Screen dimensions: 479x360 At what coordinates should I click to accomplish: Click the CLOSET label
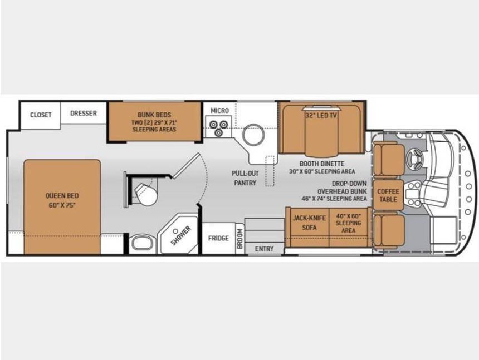click(41, 115)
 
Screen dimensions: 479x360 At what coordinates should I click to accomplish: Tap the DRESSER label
click(84, 113)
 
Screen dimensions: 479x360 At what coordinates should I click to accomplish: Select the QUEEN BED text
click(62, 195)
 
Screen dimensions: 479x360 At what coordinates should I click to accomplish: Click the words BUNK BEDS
click(154, 115)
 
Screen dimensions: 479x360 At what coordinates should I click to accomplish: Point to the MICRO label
click(219, 110)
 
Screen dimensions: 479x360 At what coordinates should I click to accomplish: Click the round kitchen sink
click(253, 134)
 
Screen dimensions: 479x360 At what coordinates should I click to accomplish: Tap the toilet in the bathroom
click(146, 194)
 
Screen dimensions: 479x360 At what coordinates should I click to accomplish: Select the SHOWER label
click(180, 235)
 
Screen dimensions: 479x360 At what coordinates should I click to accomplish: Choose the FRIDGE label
click(218, 238)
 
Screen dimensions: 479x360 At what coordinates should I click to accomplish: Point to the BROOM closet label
click(240, 239)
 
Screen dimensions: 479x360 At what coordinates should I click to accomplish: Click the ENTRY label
click(264, 249)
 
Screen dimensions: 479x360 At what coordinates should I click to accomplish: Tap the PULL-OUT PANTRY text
click(245, 178)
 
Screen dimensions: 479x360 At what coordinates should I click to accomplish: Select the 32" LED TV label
click(321, 116)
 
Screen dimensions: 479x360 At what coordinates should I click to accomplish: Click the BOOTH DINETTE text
click(322, 164)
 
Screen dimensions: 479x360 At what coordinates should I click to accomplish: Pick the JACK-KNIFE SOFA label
click(309, 223)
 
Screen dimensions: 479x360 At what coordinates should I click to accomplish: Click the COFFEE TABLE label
click(388, 195)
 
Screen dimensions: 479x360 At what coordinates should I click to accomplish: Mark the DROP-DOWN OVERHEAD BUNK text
click(342, 188)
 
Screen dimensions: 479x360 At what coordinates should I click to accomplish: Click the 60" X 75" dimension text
click(62, 205)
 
